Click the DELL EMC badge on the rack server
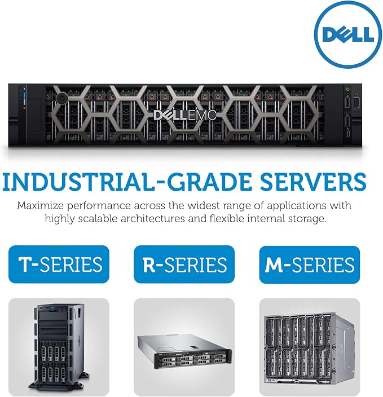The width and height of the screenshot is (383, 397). point(185,115)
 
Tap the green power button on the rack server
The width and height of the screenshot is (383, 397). point(348,89)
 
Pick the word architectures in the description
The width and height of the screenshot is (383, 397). point(153,218)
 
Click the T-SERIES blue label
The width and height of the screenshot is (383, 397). point(59,264)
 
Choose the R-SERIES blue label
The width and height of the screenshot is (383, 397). point(184,264)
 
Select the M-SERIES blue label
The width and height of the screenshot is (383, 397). point(310,264)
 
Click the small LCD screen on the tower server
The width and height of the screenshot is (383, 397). point(54,308)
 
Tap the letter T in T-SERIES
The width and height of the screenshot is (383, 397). point(25,264)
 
